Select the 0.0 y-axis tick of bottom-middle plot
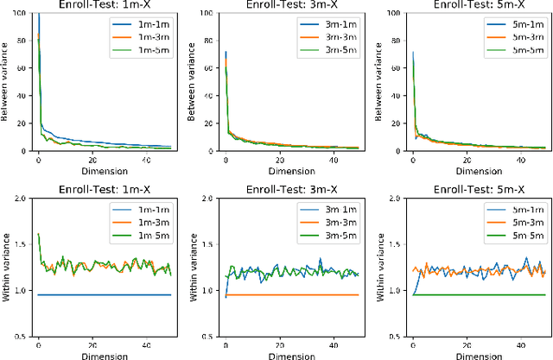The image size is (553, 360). (x=207, y=338)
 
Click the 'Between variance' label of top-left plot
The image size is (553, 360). (x=7, y=83)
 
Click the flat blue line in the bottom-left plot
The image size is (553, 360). (x=104, y=295)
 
